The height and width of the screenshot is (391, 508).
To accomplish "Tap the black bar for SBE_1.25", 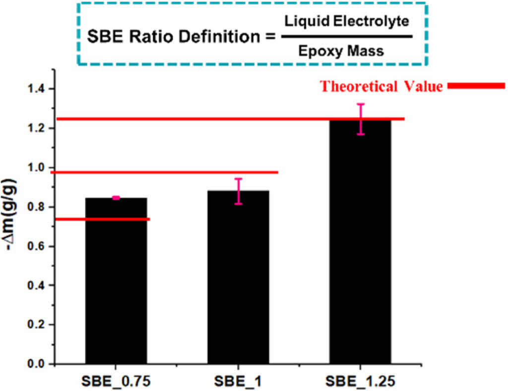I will point(361,243).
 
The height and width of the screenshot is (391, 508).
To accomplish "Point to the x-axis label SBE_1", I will point(239,382).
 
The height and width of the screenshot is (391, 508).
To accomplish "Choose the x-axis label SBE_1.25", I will point(361,382).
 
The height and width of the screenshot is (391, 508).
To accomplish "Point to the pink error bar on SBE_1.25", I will point(361,119).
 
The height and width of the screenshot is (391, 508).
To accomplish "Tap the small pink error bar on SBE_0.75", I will point(116,198).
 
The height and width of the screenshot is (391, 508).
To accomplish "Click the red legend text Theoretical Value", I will point(381,86).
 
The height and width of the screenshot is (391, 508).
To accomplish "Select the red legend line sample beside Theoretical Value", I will point(475,86).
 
